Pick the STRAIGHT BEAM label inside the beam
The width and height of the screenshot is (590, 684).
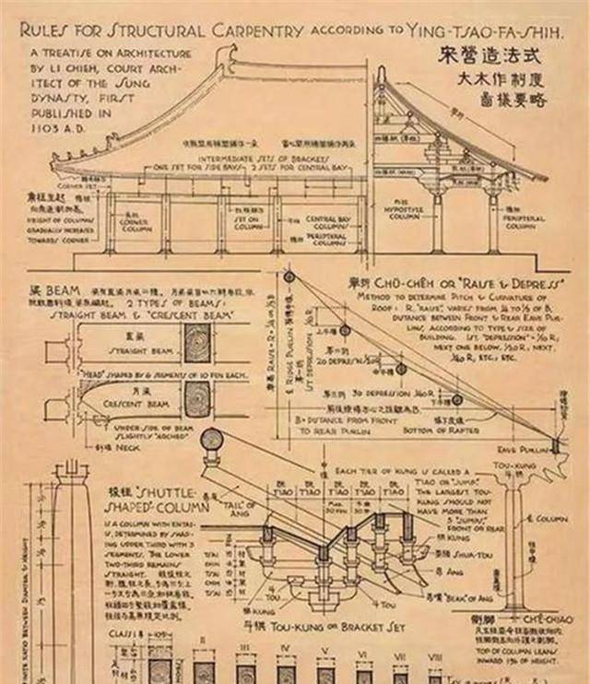coord(137,351)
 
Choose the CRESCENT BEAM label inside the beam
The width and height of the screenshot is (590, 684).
coord(137,403)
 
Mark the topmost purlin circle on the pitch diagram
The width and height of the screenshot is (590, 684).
coord(288,277)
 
